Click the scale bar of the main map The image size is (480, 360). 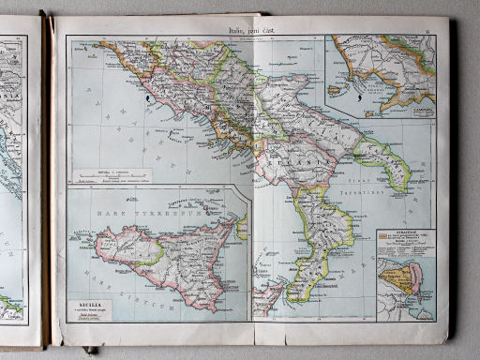pyautogui.click(x=110, y=173)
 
